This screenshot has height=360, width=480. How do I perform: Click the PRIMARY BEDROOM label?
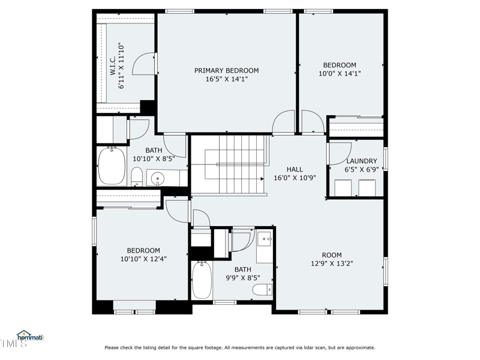(226, 70)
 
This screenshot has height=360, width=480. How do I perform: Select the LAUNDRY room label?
(361, 161)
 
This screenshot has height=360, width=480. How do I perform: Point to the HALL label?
(295, 169)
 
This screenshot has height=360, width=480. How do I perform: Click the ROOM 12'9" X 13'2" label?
(331, 254)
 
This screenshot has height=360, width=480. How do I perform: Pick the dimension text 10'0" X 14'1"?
(340, 74)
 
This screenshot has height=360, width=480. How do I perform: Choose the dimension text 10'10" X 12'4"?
(143, 259)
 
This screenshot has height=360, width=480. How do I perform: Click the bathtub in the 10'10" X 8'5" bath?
(112, 166)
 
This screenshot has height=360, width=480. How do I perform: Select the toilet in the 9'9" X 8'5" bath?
(262, 290)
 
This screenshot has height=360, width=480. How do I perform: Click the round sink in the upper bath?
(157, 178)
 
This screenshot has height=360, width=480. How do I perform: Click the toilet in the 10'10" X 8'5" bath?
(137, 176)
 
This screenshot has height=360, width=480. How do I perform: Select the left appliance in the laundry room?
(343, 188)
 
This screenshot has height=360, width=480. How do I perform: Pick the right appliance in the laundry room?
(367, 188)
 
